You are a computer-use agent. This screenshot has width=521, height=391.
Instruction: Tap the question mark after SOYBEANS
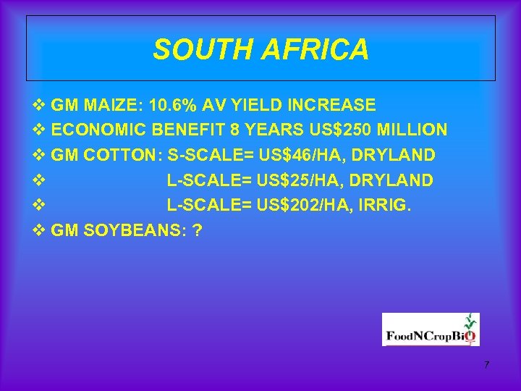(198, 230)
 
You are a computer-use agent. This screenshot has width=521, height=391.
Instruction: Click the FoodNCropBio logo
(431, 329)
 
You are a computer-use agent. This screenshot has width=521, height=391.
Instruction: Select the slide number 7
(487, 364)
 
